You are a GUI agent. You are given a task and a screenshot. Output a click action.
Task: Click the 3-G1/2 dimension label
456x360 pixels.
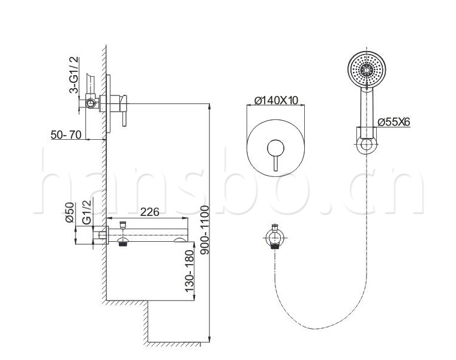(x=74, y=75)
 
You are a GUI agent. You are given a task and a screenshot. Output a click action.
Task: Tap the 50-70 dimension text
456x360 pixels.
(x=66, y=134)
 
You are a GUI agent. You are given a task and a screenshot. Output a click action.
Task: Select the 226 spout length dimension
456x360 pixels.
(x=150, y=212)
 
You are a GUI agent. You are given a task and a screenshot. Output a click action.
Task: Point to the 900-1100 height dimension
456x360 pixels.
(x=205, y=230)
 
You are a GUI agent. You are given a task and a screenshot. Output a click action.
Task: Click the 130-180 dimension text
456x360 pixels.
(x=189, y=271)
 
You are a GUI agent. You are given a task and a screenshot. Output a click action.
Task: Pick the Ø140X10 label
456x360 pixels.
(x=276, y=100)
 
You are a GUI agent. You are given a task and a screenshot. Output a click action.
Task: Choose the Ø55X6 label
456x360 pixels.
(x=394, y=122)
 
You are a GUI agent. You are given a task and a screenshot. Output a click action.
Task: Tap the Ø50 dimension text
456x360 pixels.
(x=70, y=212)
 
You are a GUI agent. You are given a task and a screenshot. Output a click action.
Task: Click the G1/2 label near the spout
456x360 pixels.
(x=86, y=211)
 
